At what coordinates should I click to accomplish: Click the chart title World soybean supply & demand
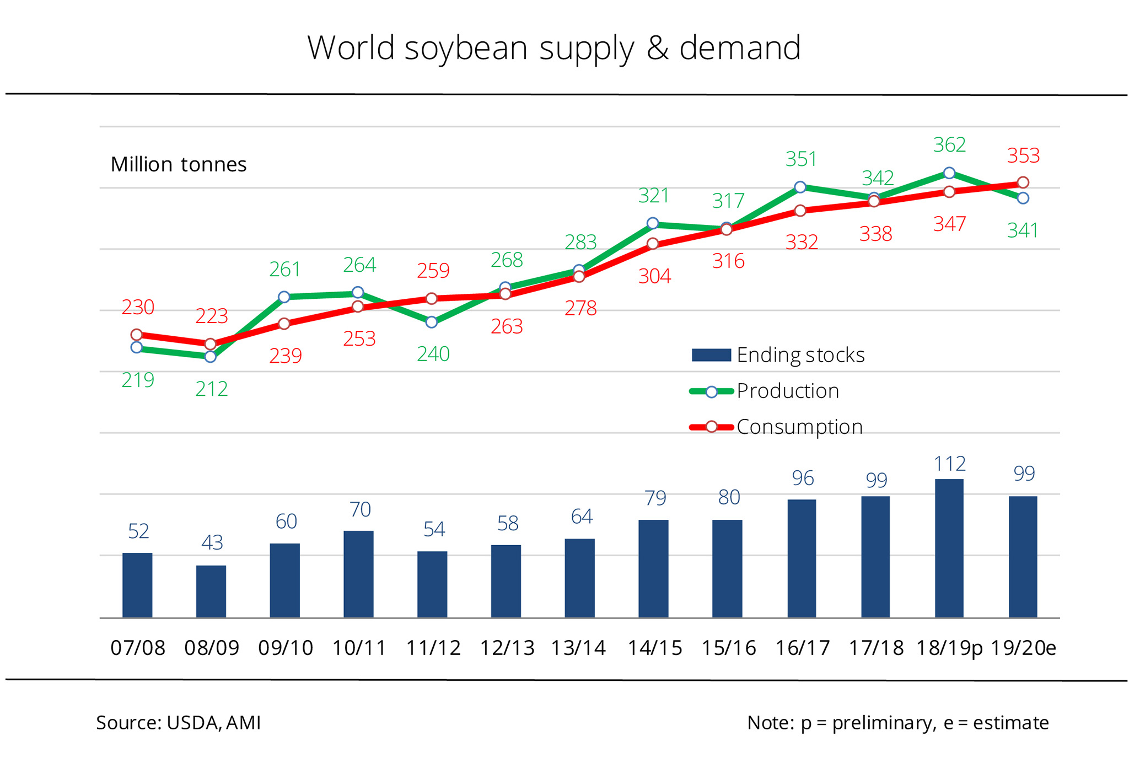point(553,48)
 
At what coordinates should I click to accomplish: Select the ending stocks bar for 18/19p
point(949,548)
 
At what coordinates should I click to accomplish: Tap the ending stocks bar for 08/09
point(211,591)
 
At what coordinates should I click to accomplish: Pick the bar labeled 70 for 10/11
point(358,574)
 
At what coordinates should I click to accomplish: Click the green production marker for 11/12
point(432,322)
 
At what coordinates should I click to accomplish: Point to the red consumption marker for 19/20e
point(1023,182)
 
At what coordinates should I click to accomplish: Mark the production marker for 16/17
point(800,187)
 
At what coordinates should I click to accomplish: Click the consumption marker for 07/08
point(137,335)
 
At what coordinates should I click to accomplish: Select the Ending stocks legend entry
point(778,355)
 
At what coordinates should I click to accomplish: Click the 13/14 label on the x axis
point(579,648)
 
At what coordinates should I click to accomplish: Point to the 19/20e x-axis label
point(1023,648)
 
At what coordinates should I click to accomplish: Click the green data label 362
point(949,145)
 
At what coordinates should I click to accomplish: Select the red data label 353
point(1023,156)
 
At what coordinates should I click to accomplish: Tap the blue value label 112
point(949,464)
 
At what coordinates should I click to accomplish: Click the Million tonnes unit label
point(179,164)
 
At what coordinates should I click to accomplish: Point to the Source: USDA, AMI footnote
point(179,723)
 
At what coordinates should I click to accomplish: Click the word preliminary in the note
point(884,723)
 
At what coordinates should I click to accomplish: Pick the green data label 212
point(211,389)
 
